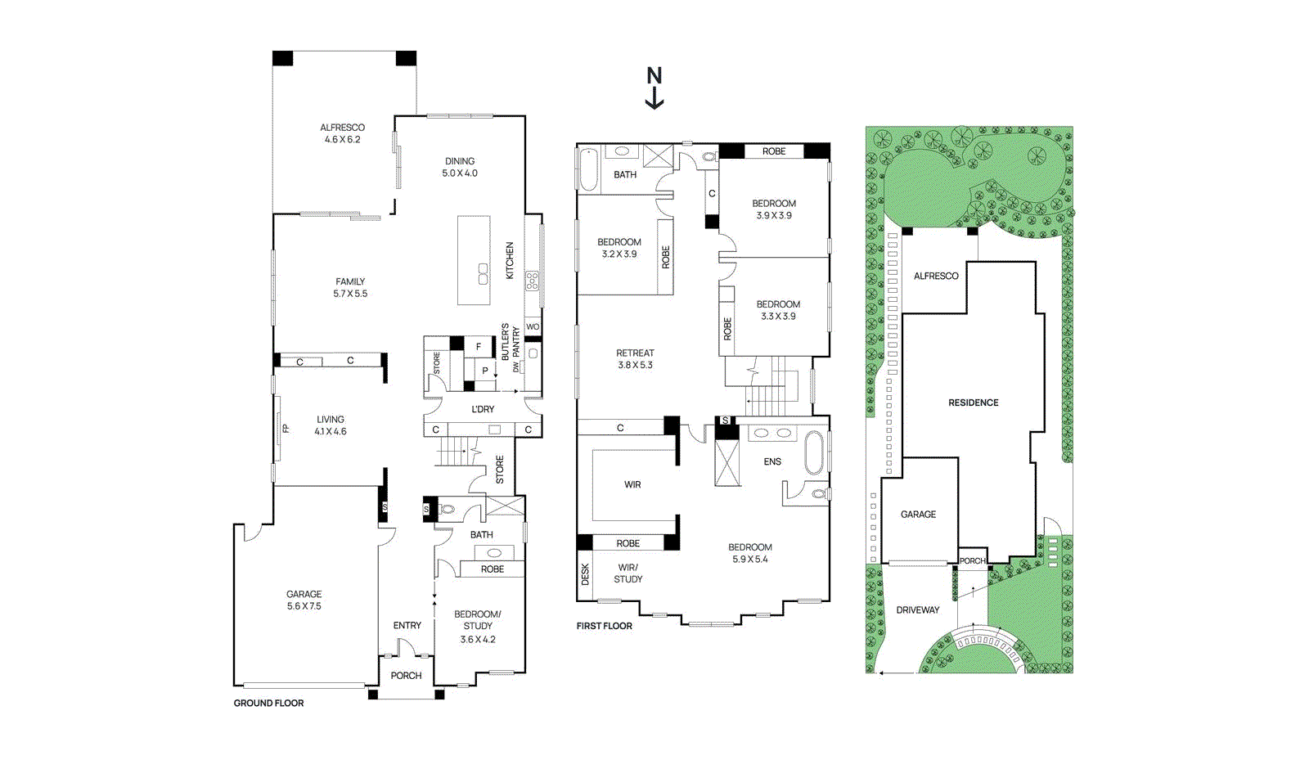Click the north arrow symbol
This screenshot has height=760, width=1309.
tap(654, 88)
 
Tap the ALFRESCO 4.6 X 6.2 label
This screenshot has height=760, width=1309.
tap(342, 133)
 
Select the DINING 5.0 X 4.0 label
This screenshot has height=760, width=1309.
tap(460, 167)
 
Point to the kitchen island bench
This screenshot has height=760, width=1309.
tap(474, 260)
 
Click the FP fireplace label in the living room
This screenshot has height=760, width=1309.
tap(286, 428)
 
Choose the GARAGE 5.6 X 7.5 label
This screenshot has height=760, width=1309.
tap(304, 600)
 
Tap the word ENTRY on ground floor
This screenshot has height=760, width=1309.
tap(407, 625)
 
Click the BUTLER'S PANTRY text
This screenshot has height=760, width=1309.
tap(511, 342)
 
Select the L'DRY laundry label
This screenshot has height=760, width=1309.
tap(483, 409)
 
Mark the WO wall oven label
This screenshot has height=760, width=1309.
tap(533, 326)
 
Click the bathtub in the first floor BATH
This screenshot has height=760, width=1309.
tap(588, 169)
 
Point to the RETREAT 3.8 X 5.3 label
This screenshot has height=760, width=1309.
tap(635, 359)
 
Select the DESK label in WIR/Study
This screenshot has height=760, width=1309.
tap(585, 574)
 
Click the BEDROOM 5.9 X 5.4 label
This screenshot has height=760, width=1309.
tap(749, 553)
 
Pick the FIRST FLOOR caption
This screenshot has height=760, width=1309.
tap(604, 626)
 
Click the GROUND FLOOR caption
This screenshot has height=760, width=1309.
tap(268, 703)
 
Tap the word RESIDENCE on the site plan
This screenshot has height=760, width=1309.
tap(973, 402)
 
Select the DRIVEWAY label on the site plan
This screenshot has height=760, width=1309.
tap(917, 609)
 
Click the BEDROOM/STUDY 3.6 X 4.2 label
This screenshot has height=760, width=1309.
tap(478, 626)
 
